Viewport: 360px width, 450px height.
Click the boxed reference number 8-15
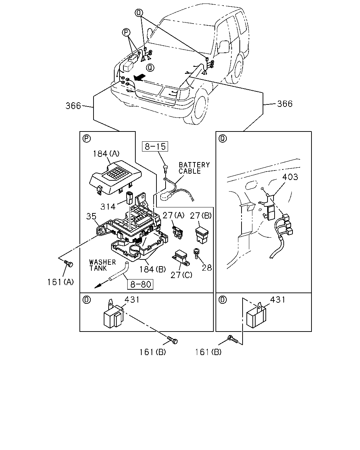pos(155,146)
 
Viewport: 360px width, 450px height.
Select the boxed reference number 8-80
pos(140,284)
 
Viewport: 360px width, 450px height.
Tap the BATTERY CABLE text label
pos(194,168)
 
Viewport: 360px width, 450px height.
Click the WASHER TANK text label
pos(102,265)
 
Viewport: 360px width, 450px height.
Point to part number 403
pos(290,177)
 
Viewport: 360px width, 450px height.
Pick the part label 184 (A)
pos(106,154)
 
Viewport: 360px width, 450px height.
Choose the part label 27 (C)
pos(181,275)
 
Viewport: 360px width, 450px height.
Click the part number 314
pos(108,207)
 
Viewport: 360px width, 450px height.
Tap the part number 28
pos(207,268)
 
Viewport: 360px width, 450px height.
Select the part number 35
pos(91,217)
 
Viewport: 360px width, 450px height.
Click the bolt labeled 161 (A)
pos(69,263)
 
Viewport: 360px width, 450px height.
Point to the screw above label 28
pos(197,253)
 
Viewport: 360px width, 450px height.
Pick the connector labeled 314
pos(129,198)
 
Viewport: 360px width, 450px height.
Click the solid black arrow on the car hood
pos(140,77)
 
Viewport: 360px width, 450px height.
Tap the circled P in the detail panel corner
pos(86,139)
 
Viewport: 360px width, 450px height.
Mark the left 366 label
pos(73,106)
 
